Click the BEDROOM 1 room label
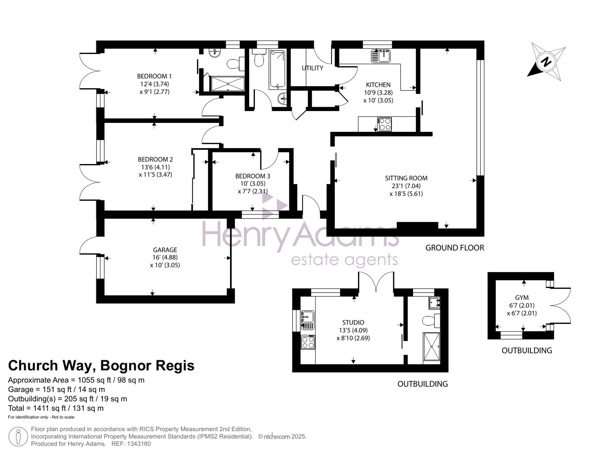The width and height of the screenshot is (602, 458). pos(154,76)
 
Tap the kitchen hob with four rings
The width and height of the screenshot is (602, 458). pos(385,124)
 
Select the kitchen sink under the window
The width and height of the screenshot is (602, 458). pos(381,56)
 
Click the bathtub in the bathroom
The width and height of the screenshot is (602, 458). pos(277,69)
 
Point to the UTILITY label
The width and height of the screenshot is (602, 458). pos(312,68)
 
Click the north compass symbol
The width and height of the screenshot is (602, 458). pos(546,62)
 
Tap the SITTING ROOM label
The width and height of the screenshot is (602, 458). pos(406,178)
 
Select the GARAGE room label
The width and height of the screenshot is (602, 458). pos(165,250)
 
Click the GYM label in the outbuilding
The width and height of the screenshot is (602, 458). pos(522,298)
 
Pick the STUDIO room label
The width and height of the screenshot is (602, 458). pos(353,322)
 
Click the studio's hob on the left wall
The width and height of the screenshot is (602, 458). pos(308,342)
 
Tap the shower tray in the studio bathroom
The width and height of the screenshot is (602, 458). pos(432,346)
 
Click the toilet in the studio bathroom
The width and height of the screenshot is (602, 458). pos(431,321)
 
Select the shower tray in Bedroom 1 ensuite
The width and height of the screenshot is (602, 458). pos(228,84)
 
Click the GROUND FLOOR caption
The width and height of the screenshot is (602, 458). pos(455,248)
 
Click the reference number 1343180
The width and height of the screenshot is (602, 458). pos(139,444)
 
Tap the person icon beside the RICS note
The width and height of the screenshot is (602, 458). pos(18,437)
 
